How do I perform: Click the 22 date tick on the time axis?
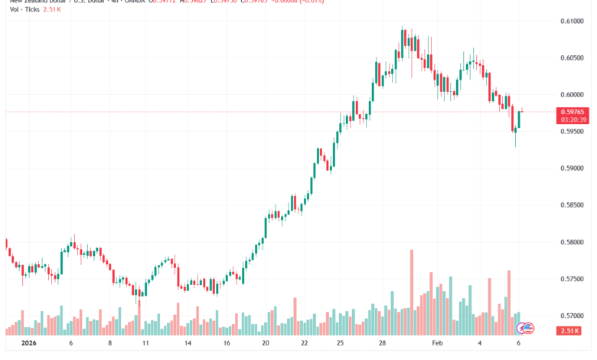(304, 345)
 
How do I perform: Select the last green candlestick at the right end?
(520, 119)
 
